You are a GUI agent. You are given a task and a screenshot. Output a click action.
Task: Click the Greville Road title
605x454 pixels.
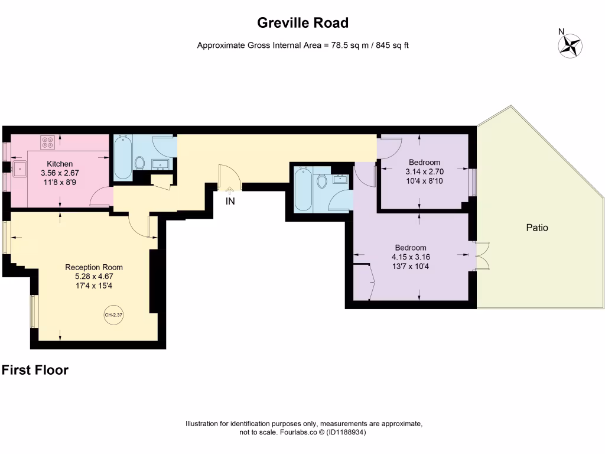point(303,23)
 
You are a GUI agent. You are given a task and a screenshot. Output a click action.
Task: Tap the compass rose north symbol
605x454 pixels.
point(570,46)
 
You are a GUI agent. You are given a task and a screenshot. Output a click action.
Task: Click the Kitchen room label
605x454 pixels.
point(60,164)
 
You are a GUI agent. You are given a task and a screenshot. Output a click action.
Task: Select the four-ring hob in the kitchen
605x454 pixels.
point(48,142)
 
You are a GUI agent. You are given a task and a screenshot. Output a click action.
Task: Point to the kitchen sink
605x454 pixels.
point(19,169)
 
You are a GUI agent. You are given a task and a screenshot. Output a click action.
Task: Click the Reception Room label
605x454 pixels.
point(94,267)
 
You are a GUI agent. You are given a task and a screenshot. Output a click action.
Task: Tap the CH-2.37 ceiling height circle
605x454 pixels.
point(113,315)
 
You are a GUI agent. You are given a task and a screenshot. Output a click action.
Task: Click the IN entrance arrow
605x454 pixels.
point(230,190)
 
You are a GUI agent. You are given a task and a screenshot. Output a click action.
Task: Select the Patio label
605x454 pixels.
point(537,228)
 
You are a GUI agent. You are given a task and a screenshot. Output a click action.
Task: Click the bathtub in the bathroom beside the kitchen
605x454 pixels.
point(123,157)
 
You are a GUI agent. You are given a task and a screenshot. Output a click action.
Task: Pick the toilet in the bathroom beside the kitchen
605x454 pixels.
point(139,163)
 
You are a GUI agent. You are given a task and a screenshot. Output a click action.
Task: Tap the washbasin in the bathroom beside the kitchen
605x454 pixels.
point(160,164)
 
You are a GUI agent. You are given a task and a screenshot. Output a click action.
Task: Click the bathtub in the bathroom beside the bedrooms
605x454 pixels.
point(303,189)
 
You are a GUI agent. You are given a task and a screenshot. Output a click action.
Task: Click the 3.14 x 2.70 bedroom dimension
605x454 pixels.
point(424,172)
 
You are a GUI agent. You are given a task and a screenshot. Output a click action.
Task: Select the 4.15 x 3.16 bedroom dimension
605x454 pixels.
point(411,257)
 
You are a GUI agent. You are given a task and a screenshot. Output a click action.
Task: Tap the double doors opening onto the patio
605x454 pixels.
point(483,256)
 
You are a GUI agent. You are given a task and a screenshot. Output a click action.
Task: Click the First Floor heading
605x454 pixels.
point(35,370)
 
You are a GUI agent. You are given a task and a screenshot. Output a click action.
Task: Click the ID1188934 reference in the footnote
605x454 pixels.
point(346,432)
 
